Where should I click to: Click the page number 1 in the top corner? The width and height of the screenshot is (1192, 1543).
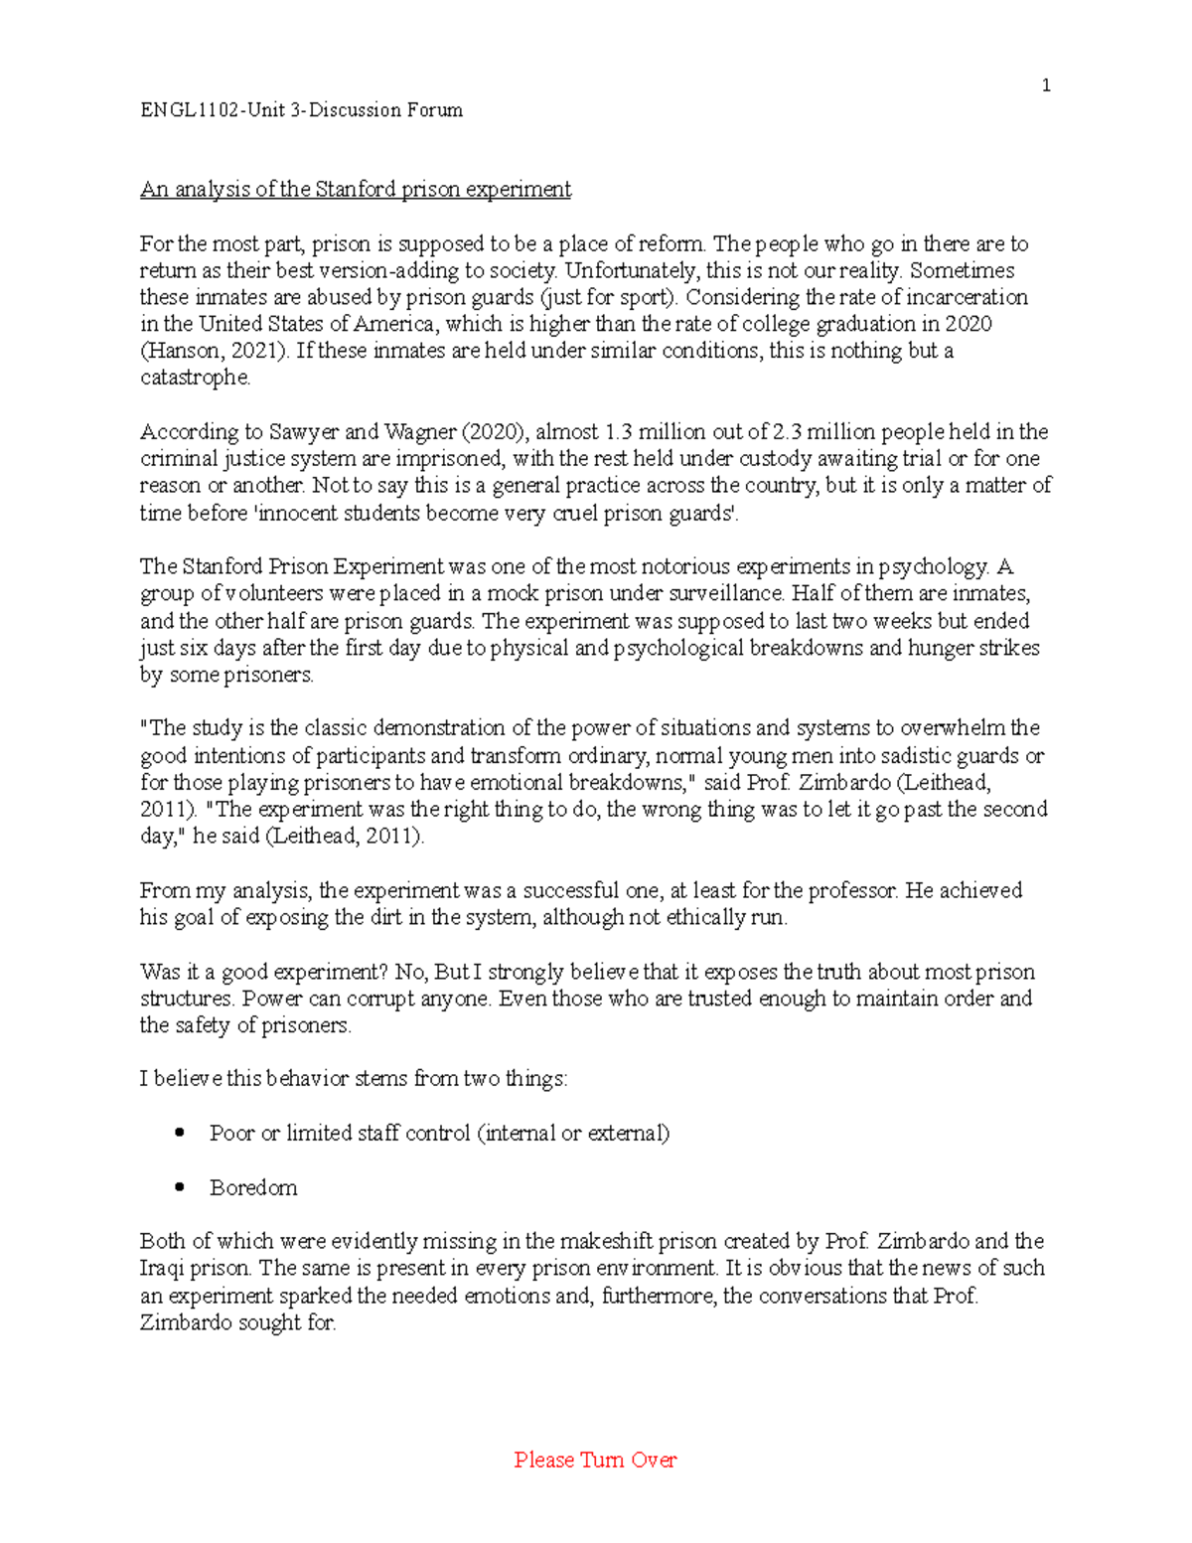[1045, 85]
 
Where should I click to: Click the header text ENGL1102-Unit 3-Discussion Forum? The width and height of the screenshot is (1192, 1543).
[301, 110]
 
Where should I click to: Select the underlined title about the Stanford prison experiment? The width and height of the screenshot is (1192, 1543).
[355, 189]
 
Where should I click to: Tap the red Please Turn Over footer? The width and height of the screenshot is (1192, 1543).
[595, 1460]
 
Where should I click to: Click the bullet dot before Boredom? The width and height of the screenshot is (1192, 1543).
[180, 1186]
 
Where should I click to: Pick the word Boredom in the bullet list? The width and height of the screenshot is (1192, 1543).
[253, 1187]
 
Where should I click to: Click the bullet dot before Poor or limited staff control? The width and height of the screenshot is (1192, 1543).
[180, 1133]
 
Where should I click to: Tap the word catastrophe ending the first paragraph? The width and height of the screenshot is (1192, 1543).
[195, 378]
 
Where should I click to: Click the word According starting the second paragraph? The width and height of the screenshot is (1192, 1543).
[189, 432]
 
